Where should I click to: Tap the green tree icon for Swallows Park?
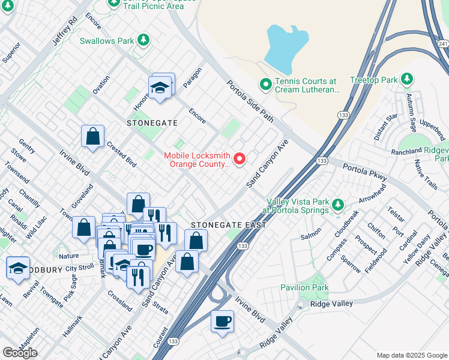(143, 40)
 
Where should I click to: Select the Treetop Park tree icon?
(407, 79)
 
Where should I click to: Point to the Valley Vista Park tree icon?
(338, 206)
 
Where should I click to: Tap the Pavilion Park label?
(304, 288)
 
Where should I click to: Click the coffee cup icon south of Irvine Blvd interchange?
(222, 321)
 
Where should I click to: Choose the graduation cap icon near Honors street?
(161, 87)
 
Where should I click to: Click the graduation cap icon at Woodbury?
(18, 268)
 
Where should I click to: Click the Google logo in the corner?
(20, 353)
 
